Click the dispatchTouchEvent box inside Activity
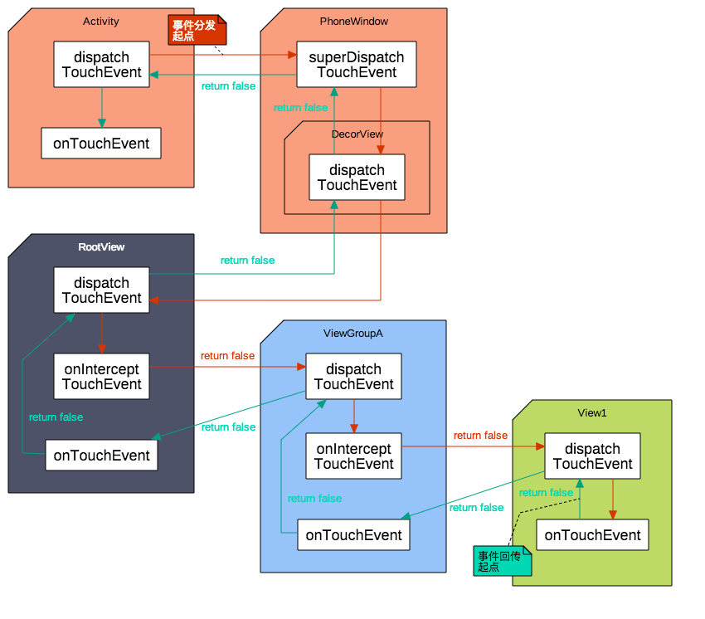102,65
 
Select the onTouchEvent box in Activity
101,143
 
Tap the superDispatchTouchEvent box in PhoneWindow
357,65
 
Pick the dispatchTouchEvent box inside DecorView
357,178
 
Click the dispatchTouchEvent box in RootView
102,290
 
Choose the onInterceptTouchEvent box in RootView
102,377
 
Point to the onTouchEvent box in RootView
102,456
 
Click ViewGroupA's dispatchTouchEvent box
354,377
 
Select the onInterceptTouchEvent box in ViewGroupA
354,456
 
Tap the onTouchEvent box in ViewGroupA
354,535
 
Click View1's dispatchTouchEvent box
592,456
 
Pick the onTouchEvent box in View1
592,535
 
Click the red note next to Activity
197,30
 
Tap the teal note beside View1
503,561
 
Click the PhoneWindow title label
354,21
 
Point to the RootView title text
101,247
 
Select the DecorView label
357,134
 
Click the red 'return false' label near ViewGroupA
227,356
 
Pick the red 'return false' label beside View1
480,436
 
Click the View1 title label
592,413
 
